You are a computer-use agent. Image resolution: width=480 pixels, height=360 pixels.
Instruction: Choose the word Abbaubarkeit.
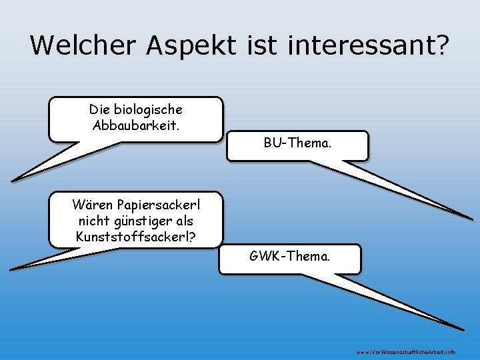pos(136,125)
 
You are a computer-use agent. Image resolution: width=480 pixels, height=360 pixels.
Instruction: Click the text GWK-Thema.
pos(289,255)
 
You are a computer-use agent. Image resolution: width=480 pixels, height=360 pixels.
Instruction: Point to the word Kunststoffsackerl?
pos(136,236)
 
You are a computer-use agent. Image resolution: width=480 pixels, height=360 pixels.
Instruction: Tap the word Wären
pos(93,204)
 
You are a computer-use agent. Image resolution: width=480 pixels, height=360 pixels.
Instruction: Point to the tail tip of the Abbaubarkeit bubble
pos(12,181)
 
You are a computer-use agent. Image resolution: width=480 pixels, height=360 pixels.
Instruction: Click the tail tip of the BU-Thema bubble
pos(472,218)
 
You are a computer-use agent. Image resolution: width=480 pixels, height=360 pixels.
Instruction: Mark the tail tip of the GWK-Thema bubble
pos(463,329)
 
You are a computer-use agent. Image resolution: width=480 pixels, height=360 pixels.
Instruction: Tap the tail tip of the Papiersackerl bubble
pos(11,269)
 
